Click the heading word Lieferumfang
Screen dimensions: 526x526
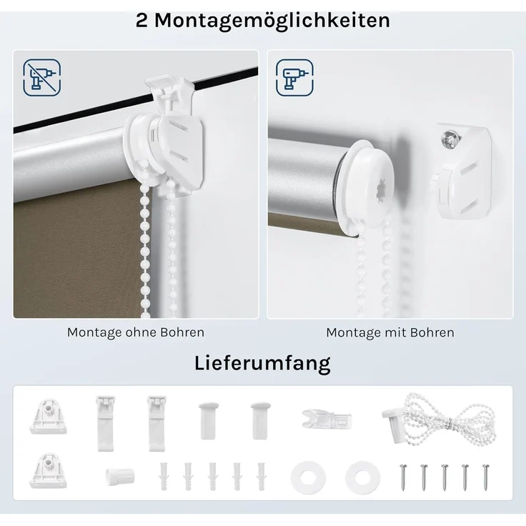(262, 363)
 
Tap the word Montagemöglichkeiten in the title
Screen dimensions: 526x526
(272, 20)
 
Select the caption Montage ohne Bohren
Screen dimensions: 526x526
(136, 332)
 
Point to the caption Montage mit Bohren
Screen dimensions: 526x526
(389, 332)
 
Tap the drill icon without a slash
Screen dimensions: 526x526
(294, 78)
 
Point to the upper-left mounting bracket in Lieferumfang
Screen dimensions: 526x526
(49, 416)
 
